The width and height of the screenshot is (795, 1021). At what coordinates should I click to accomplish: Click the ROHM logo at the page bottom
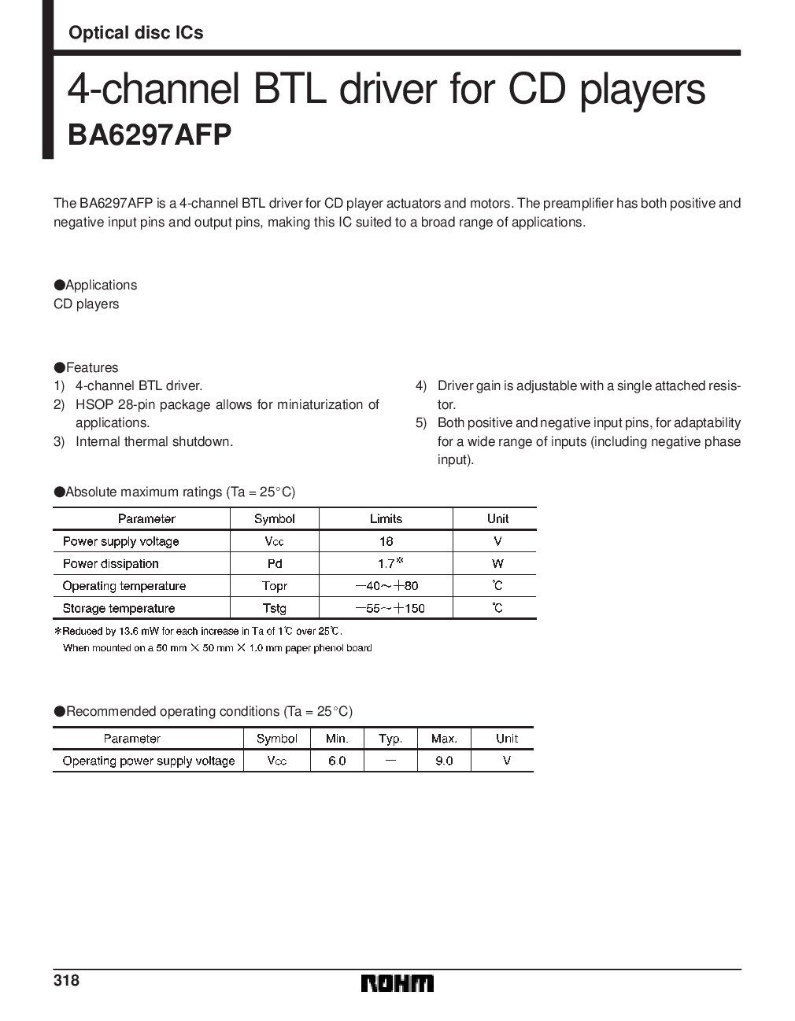click(x=397, y=983)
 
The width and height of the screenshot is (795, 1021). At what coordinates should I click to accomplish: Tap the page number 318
click(x=66, y=981)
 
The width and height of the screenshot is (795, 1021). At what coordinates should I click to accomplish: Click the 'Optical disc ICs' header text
click(x=135, y=32)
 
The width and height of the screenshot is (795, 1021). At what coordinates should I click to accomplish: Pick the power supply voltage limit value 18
click(x=386, y=541)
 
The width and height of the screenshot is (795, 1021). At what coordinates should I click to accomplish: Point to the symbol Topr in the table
click(x=275, y=586)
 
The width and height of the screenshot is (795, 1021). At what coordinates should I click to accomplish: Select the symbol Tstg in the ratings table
click(x=275, y=608)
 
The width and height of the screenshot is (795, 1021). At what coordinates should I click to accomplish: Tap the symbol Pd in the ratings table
click(x=275, y=563)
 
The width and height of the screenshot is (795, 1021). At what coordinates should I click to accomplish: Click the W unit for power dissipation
click(x=497, y=563)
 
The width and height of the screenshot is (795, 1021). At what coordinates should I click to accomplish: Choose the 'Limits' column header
click(x=386, y=518)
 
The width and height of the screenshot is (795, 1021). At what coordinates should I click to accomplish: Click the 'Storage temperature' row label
click(x=118, y=608)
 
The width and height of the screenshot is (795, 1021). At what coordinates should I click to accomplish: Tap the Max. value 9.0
click(x=444, y=761)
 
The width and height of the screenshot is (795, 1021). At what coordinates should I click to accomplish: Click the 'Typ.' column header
click(x=390, y=739)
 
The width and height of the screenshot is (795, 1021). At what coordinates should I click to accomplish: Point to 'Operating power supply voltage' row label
click(x=148, y=761)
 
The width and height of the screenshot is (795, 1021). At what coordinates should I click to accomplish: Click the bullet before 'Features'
click(x=58, y=367)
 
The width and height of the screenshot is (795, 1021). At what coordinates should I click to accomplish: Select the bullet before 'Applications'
click(x=58, y=285)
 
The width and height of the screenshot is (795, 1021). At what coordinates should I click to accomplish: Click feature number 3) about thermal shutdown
click(x=58, y=441)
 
